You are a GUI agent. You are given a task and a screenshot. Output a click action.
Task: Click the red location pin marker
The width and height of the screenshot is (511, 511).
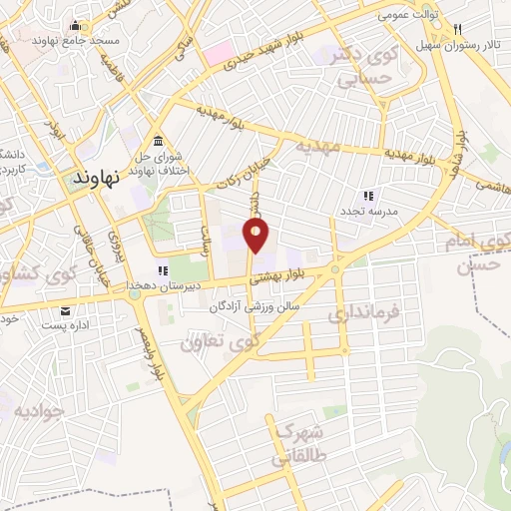tap(257, 237)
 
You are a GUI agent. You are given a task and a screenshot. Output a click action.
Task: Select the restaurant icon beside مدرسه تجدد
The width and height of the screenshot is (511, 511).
tap(367, 195)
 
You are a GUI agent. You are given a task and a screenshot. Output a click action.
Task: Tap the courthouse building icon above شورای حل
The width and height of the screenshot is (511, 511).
tap(157, 138)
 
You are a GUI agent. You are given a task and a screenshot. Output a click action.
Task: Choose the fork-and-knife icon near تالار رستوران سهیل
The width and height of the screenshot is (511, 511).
tap(456, 29)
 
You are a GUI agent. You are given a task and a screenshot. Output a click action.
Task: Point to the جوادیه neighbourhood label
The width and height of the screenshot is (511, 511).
tap(38, 410)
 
